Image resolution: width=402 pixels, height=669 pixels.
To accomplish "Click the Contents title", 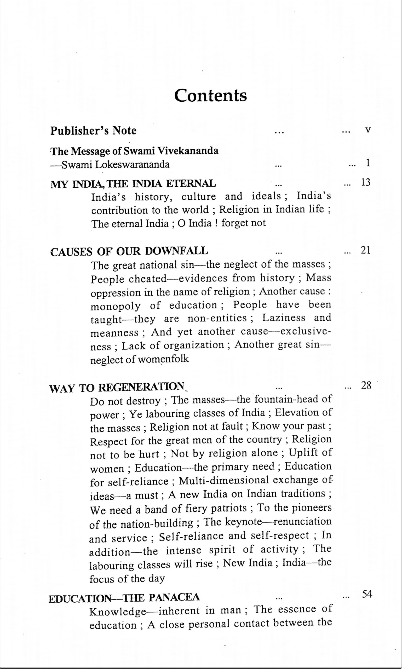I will [x=210, y=95].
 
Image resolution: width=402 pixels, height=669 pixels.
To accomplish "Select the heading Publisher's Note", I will [x=94, y=131].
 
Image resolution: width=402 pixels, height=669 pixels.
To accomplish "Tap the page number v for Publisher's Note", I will [x=367, y=130].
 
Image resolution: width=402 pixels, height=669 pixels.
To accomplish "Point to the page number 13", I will [x=365, y=183].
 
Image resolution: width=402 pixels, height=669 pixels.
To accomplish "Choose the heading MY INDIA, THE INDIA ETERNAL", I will [x=133, y=184].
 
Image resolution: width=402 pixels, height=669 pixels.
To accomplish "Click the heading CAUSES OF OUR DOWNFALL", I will [x=129, y=252].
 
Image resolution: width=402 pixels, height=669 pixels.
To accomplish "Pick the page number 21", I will [x=365, y=251].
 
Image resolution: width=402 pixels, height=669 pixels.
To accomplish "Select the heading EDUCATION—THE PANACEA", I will [x=124, y=597].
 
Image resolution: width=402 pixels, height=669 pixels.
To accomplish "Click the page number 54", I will [x=367, y=595].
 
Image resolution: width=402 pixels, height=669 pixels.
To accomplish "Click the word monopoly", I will [x=116, y=306].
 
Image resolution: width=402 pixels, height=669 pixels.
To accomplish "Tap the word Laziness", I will [x=284, y=318].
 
